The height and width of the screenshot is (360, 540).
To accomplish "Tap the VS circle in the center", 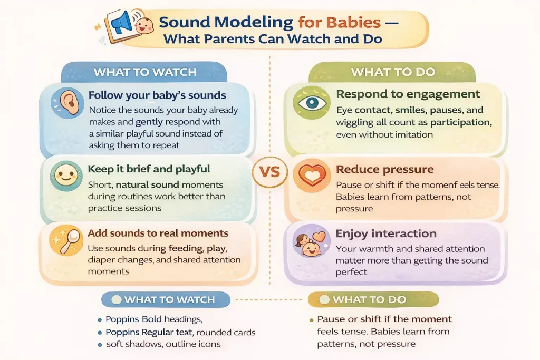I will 269,172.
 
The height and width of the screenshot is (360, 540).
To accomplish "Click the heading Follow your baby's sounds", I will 157,95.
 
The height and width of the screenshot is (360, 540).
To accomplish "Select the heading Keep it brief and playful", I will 149,169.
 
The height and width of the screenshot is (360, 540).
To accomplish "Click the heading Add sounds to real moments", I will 158,233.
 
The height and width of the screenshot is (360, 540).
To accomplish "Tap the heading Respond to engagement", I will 408,94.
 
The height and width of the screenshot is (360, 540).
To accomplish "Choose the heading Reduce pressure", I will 385,169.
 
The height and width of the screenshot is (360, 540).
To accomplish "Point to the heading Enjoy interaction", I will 386,233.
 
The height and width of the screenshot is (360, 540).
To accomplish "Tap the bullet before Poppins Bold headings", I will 100,320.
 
